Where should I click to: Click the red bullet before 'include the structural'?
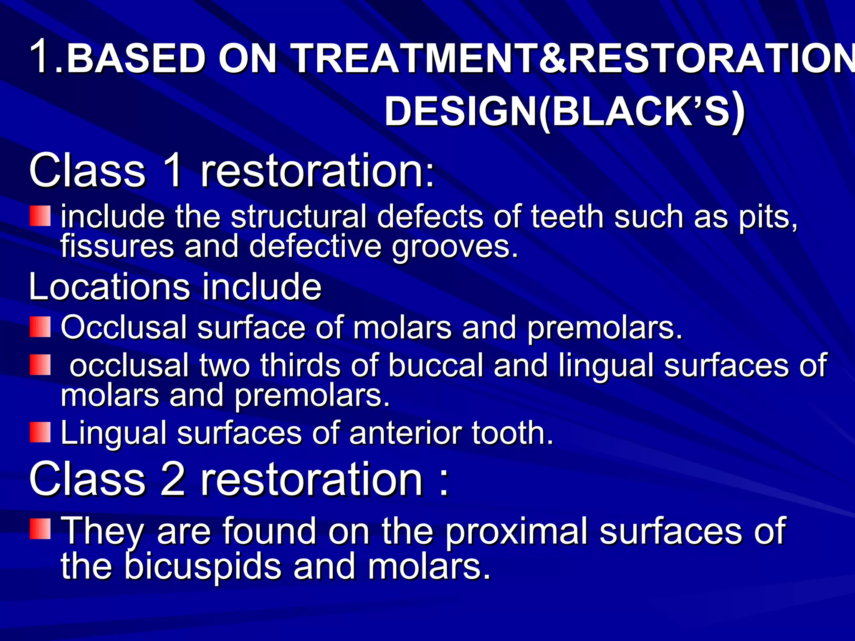(40, 216)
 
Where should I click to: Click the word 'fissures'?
(117, 246)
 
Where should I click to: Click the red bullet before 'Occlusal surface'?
(40, 327)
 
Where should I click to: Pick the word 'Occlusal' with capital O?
(124, 328)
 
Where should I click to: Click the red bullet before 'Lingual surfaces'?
(40, 432)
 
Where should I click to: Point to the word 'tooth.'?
(513, 433)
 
